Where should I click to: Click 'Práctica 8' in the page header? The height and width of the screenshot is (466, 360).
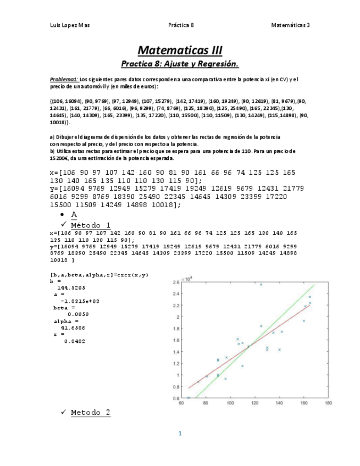click(181, 25)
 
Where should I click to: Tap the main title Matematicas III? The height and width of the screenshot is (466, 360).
click(180, 50)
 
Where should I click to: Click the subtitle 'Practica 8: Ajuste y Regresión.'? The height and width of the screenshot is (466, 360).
click(180, 64)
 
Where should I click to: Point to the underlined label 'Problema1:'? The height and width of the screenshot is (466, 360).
click(64, 79)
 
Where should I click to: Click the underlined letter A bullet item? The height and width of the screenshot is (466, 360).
click(74, 214)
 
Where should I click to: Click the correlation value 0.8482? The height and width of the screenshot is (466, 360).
click(74, 341)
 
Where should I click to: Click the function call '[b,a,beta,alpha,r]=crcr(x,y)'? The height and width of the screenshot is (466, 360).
click(99, 274)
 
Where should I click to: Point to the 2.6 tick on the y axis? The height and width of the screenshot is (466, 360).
click(176, 282)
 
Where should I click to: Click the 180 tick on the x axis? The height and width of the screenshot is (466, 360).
click(328, 402)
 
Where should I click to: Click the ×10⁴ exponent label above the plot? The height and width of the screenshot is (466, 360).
click(187, 279)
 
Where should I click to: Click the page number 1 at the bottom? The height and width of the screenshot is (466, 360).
click(180, 434)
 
